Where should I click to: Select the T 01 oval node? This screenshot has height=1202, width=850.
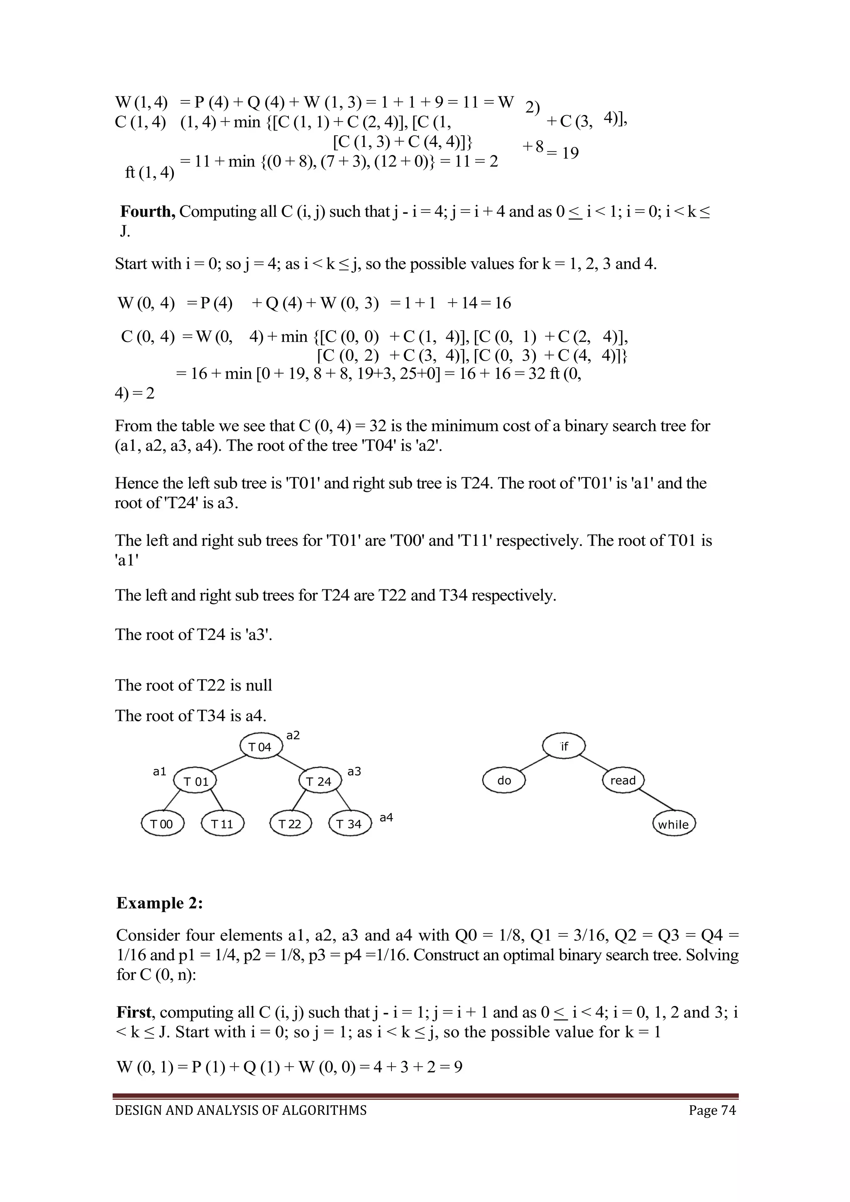(x=195, y=782)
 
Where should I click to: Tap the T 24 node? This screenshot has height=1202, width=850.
(x=319, y=782)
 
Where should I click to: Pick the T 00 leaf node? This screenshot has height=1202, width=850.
(x=162, y=824)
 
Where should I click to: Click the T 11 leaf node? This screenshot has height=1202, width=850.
(x=222, y=824)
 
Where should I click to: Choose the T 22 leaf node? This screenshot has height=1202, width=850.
(x=290, y=824)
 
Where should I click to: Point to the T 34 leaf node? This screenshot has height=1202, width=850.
(x=349, y=824)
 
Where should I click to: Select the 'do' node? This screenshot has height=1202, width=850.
(x=504, y=781)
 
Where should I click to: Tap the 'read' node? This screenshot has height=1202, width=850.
(x=623, y=781)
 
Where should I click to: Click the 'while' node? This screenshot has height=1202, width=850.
(x=674, y=825)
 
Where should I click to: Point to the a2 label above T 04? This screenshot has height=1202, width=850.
(x=293, y=735)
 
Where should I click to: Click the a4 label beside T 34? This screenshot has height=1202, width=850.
(x=386, y=817)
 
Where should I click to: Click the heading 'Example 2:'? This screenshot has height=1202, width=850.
(x=160, y=903)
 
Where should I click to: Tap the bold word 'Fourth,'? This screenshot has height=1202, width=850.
(x=148, y=212)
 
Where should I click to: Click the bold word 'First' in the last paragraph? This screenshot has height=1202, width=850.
(x=134, y=1012)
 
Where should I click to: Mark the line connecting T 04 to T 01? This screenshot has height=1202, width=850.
(x=229, y=763)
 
